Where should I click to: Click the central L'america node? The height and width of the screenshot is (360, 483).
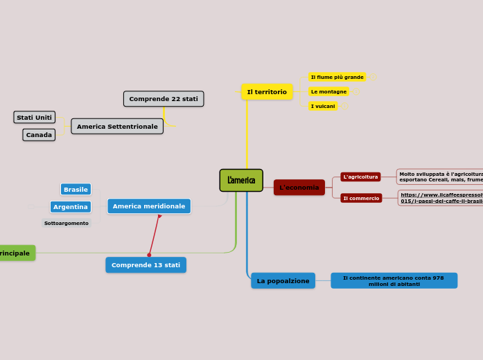click(x=241, y=181)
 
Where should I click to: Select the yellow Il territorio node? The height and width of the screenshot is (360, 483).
click(x=267, y=92)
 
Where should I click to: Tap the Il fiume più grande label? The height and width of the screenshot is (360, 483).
click(x=337, y=77)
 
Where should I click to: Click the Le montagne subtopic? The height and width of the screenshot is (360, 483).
click(x=328, y=91)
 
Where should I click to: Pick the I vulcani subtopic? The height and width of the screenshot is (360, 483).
click(x=323, y=106)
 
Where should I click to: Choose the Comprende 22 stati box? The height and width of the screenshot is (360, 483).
click(x=164, y=99)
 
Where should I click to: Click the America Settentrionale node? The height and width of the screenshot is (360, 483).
click(x=117, y=127)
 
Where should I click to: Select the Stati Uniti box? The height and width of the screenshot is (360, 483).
click(x=35, y=118)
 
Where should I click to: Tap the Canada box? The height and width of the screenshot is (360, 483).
click(x=39, y=135)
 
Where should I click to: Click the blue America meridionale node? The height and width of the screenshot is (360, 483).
click(x=149, y=206)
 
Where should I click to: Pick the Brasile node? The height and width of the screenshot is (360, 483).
click(x=76, y=190)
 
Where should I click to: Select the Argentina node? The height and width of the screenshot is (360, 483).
click(x=71, y=207)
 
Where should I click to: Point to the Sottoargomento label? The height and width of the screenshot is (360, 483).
click(x=67, y=224)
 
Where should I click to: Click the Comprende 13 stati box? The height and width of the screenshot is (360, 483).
click(x=146, y=265)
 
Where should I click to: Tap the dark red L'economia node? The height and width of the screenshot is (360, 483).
click(x=299, y=188)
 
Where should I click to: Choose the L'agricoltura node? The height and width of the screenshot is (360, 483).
click(x=360, y=177)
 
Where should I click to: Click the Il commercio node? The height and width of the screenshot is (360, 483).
click(x=361, y=199)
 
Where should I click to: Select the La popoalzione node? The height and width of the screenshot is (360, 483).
click(x=283, y=281)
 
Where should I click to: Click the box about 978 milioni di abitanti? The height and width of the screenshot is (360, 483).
click(x=394, y=281)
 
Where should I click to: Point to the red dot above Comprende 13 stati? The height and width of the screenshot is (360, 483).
click(x=149, y=255)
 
